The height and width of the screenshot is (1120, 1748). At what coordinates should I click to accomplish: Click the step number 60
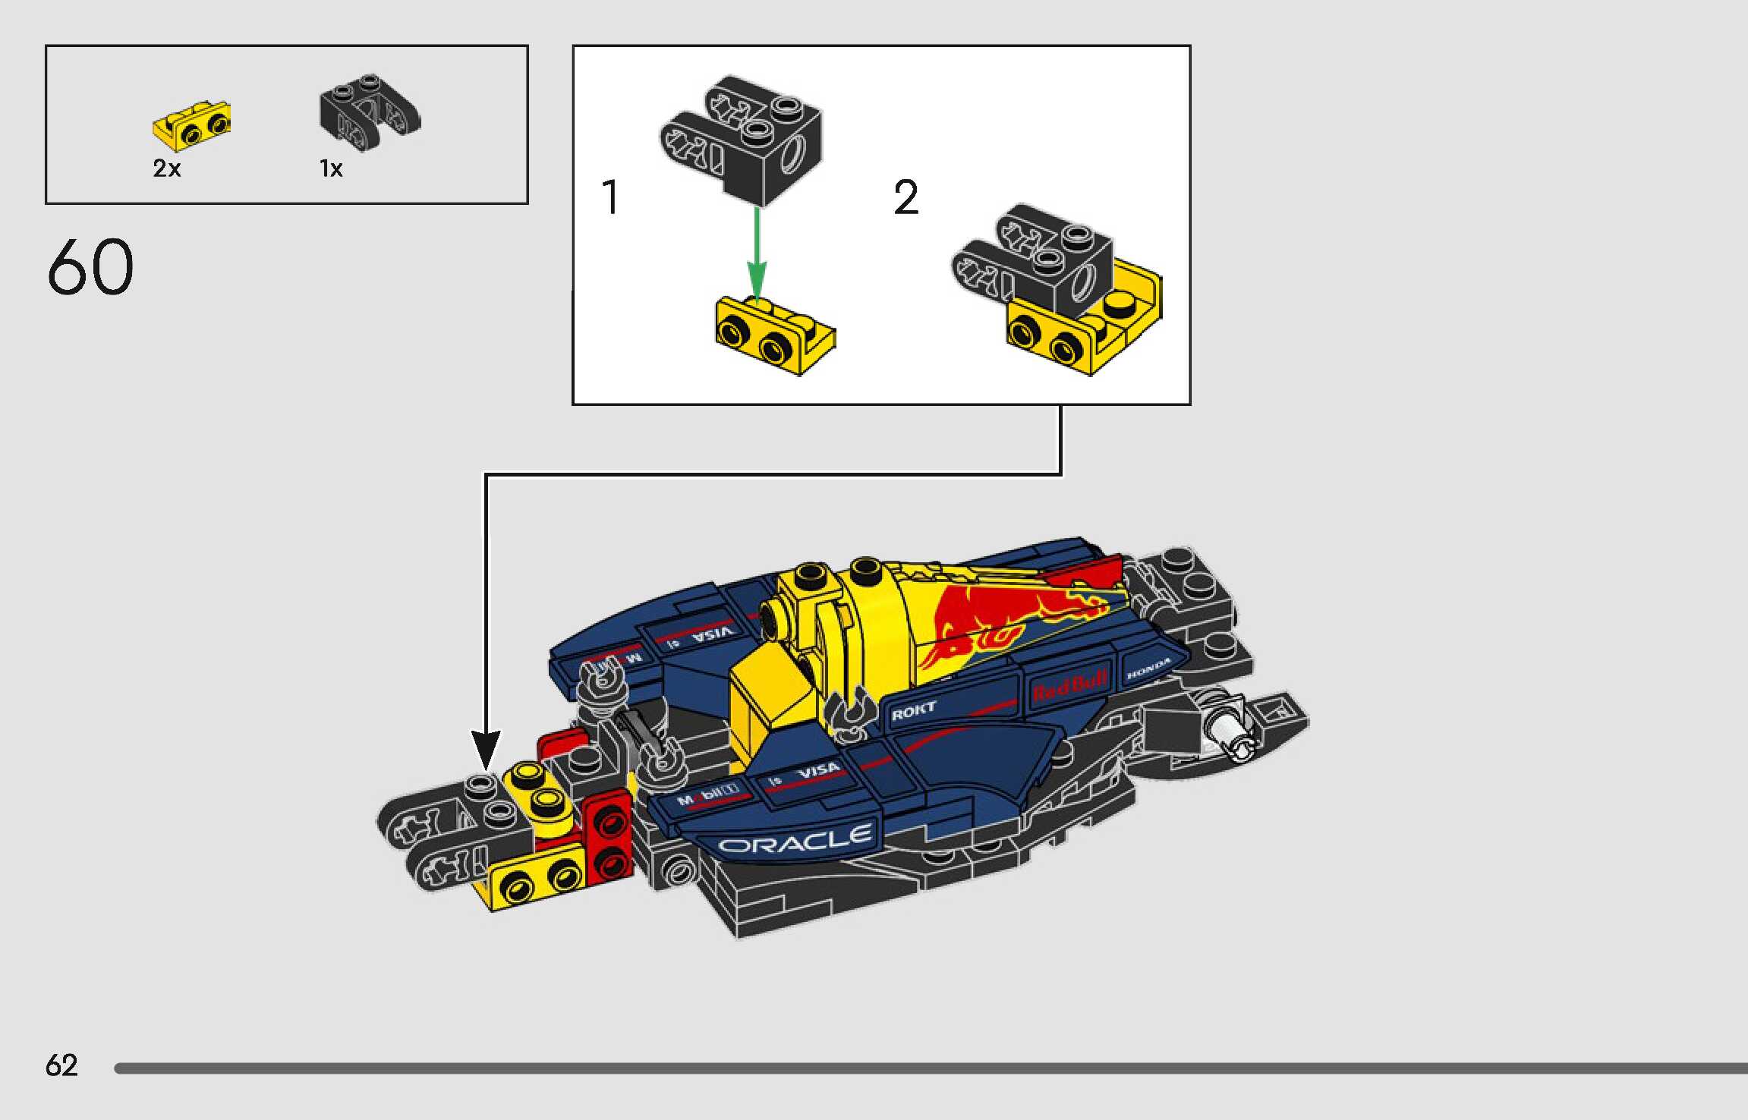(90, 267)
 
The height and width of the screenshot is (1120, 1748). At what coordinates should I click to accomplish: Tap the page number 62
(61, 1065)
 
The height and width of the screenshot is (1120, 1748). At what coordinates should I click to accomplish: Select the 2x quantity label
(167, 168)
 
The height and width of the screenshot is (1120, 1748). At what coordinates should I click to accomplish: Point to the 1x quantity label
(331, 168)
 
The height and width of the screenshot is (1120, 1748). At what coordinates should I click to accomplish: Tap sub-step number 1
(610, 198)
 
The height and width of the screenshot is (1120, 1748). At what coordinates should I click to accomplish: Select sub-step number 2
(906, 198)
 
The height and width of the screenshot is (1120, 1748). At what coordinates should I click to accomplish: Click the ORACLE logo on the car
(794, 841)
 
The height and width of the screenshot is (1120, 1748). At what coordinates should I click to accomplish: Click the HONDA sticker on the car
(1148, 669)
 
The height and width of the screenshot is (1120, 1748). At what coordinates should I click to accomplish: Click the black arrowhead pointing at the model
(486, 747)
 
